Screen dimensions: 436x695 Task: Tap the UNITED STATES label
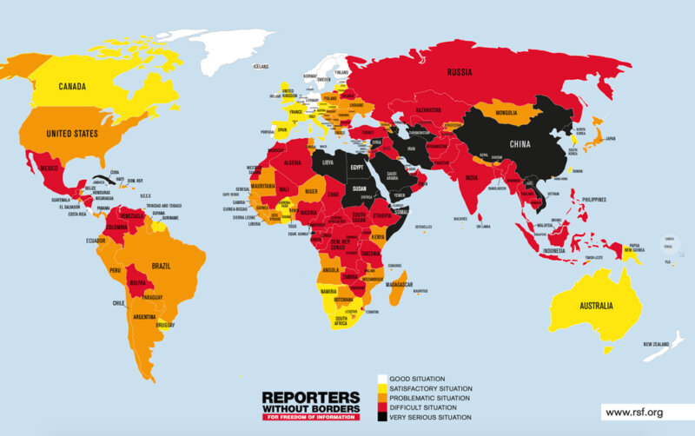coord(71,135)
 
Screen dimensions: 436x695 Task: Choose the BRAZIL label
coord(167,265)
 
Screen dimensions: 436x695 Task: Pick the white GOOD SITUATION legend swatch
coord(381,380)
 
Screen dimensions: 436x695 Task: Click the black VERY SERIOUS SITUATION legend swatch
coord(381,418)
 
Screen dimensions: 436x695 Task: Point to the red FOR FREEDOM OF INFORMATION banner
coord(309,418)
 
